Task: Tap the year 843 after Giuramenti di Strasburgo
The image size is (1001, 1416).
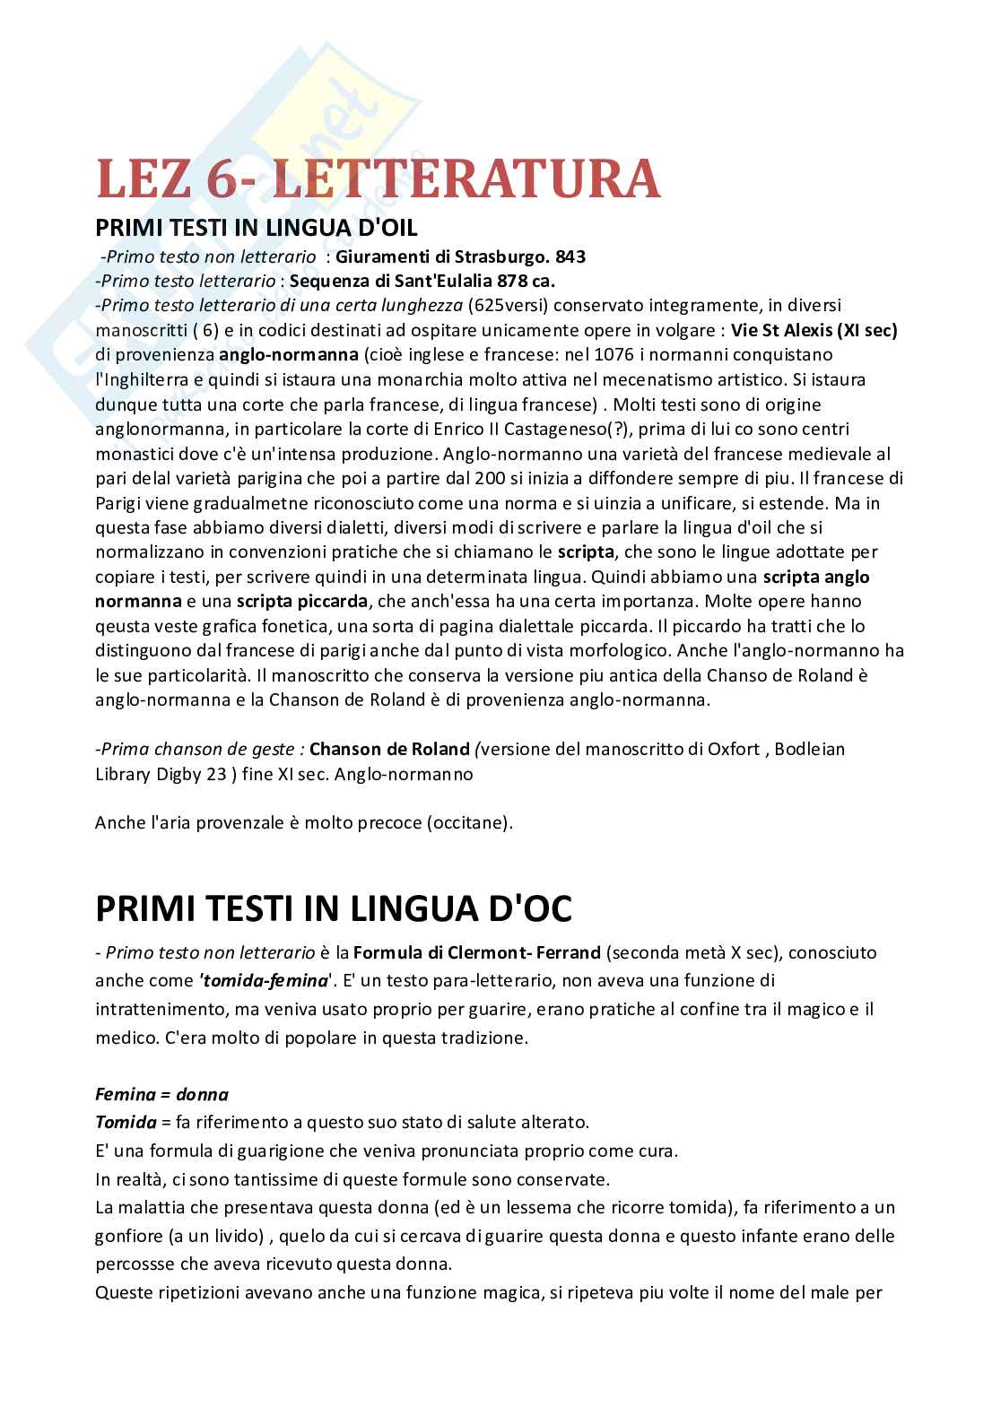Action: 570,257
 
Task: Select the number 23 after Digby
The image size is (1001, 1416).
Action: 216,773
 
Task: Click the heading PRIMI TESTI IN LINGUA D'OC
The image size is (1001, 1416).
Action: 334,909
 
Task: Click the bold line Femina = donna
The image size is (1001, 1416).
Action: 161,1095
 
